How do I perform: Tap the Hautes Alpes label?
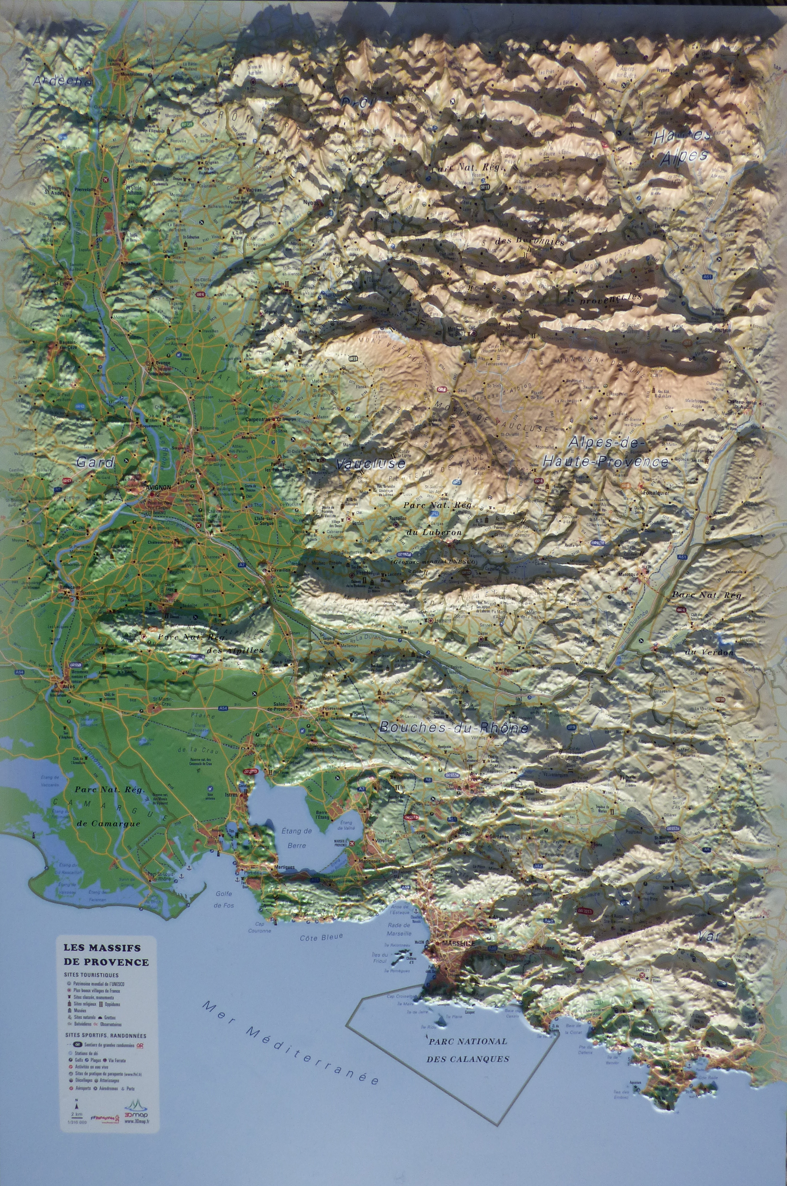(x=683, y=146)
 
